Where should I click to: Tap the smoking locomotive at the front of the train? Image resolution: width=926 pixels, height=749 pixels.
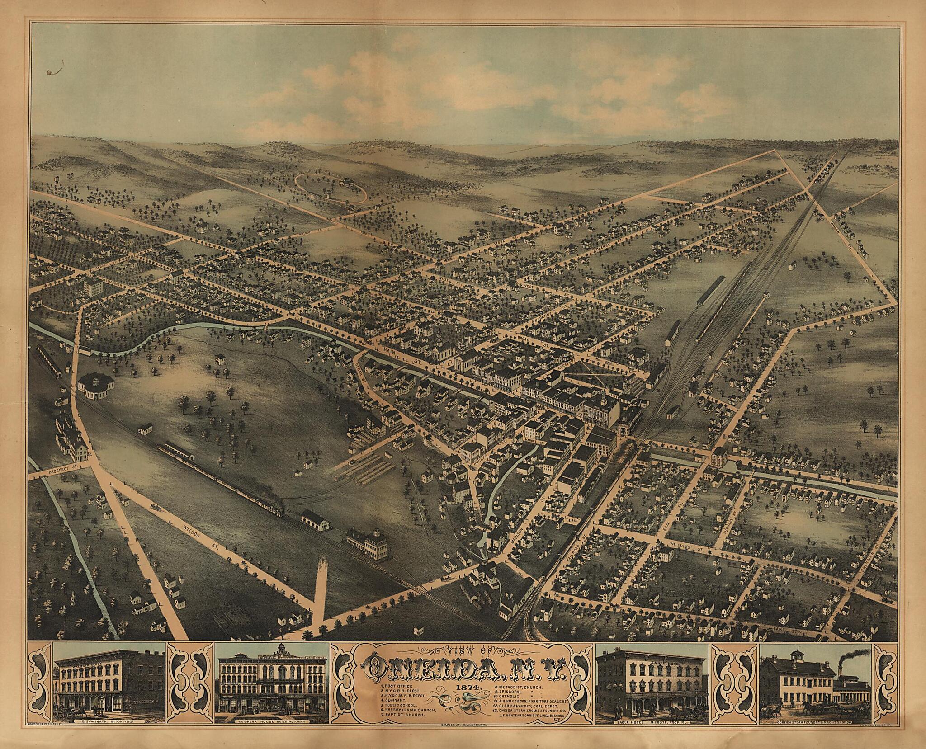point(274,509)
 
